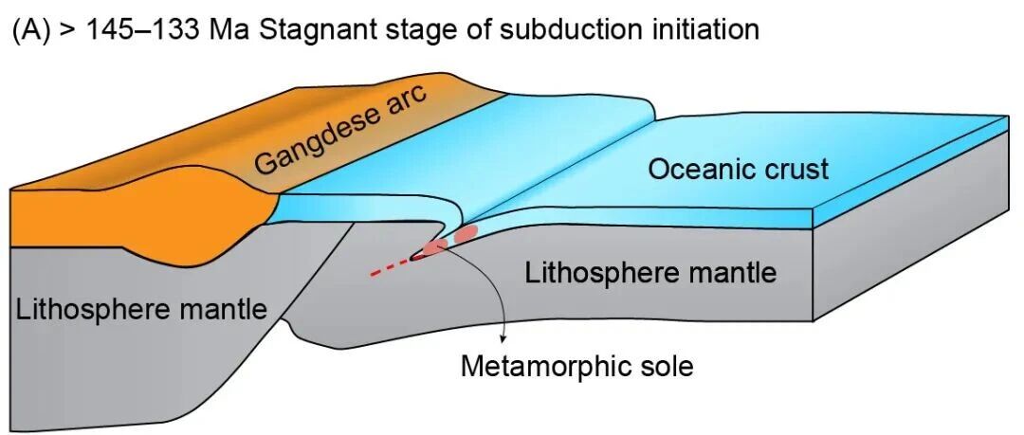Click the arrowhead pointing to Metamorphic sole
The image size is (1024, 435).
click(x=503, y=338)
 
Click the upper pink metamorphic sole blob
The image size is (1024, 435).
click(x=466, y=233)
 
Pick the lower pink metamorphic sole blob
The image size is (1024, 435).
click(x=435, y=246)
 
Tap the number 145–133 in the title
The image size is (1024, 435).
click(x=143, y=30)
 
